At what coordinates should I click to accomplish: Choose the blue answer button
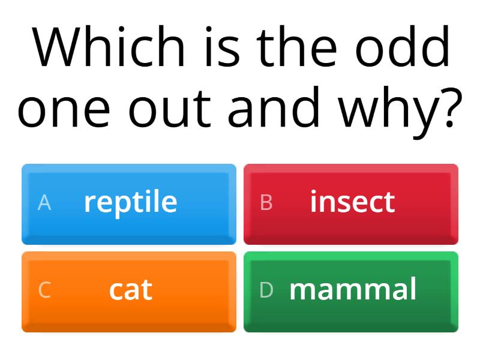pos(129,204)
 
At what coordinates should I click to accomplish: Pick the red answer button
pos(351,204)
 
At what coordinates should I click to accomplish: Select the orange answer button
pos(129,292)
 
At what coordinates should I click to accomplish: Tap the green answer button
pos(351,292)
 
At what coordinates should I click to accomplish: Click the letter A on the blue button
pos(44,203)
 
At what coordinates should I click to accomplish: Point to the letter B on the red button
pos(266,203)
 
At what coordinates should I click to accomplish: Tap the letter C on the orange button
pos(44,290)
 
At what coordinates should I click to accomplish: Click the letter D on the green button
pos(266,290)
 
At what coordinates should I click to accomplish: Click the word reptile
pos(131,202)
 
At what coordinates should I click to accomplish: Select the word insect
pos(352,202)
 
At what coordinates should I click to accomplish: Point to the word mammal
pos(353,289)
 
